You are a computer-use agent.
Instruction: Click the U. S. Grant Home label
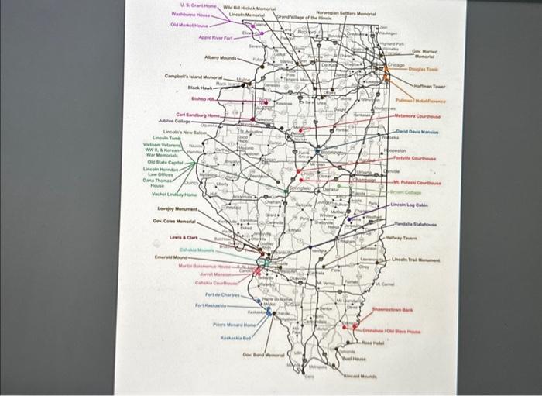coord(192,6)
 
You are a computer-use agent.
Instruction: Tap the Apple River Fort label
coord(216,36)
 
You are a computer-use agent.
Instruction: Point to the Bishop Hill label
coord(204,99)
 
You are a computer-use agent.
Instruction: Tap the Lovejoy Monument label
coord(177,209)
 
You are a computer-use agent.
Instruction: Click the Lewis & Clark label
coord(187,236)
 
